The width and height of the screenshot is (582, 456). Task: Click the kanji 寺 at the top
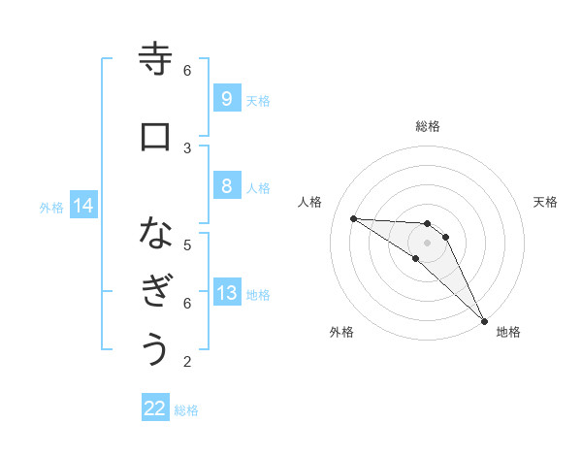point(155,60)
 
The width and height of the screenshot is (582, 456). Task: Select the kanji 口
point(155,137)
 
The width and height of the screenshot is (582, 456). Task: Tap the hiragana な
point(155,234)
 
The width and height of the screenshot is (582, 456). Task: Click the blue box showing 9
point(226,98)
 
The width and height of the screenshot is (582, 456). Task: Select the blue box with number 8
point(226,186)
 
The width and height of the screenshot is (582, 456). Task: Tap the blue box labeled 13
point(226,293)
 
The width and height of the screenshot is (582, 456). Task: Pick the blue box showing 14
point(83,206)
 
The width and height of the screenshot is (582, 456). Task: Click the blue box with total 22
point(155,408)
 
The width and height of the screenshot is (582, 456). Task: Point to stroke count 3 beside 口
point(187,147)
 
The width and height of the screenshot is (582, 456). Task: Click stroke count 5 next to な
point(187,244)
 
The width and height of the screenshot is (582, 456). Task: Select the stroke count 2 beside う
point(187,362)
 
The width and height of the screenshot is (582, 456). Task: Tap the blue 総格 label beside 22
point(186,410)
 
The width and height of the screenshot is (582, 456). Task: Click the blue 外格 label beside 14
point(51,207)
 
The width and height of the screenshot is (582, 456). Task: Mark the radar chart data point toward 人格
point(353,218)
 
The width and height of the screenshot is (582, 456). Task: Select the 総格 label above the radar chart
point(428,126)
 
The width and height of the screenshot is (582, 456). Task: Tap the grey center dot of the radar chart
point(428,243)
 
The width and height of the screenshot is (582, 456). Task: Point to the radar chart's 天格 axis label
point(546,202)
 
